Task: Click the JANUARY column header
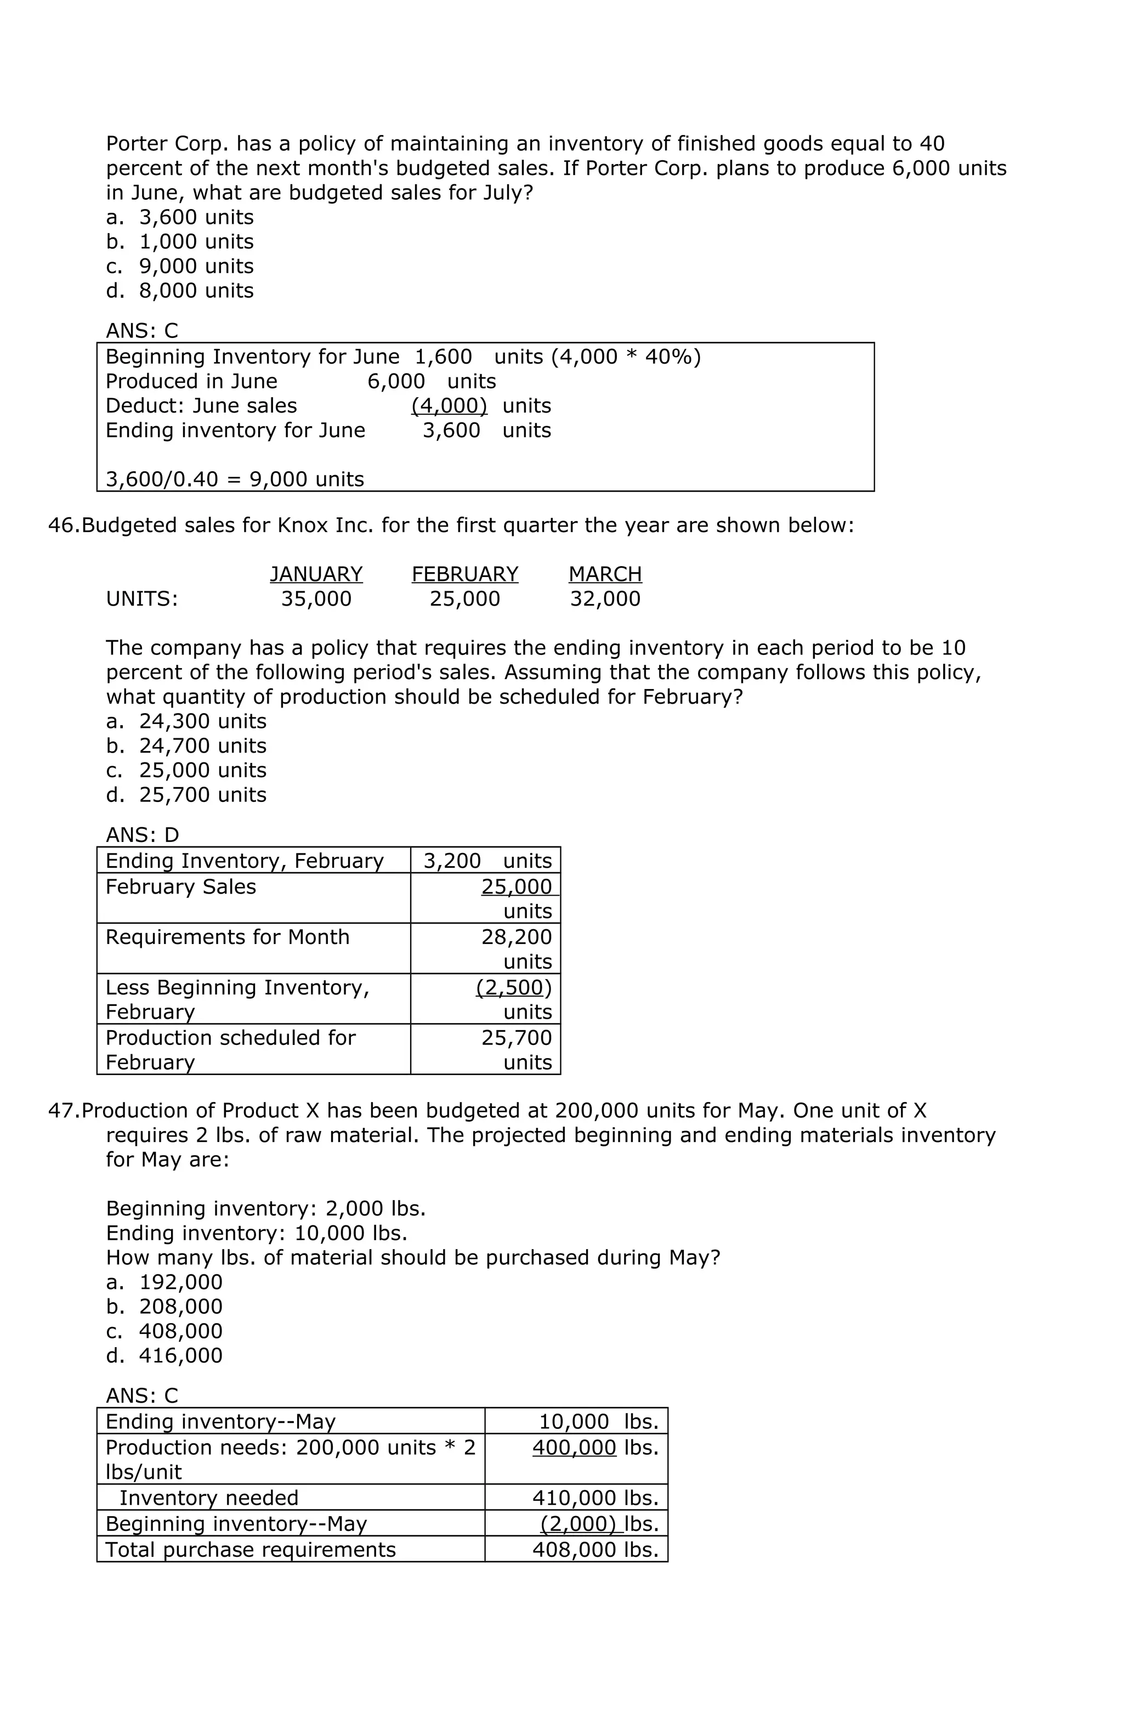(x=316, y=574)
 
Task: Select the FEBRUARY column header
(x=465, y=574)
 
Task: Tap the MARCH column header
(x=605, y=574)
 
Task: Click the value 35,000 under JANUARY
(x=316, y=598)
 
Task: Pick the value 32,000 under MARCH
(x=605, y=598)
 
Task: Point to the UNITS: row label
(x=141, y=598)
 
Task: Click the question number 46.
(x=64, y=525)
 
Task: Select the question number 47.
(x=64, y=1110)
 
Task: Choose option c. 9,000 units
(x=180, y=267)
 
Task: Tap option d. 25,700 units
(x=186, y=795)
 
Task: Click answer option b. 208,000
(x=165, y=1307)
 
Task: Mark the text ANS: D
(x=142, y=834)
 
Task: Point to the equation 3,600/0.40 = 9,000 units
(x=235, y=479)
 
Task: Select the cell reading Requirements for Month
(x=228, y=937)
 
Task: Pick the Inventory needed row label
(x=208, y=1498)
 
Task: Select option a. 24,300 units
(x=186, y=721)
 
